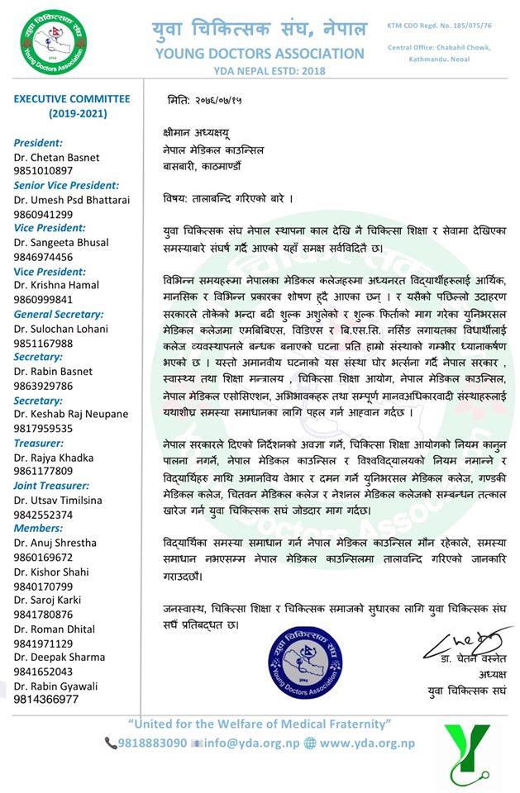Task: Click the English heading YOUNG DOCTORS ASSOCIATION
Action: [259, 54]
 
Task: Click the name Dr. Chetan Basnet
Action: [55, 157]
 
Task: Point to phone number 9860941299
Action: [44, 213]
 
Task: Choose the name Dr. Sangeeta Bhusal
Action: [61, 243]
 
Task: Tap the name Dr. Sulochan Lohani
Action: [61, 329]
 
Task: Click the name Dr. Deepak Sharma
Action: [60, 657]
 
